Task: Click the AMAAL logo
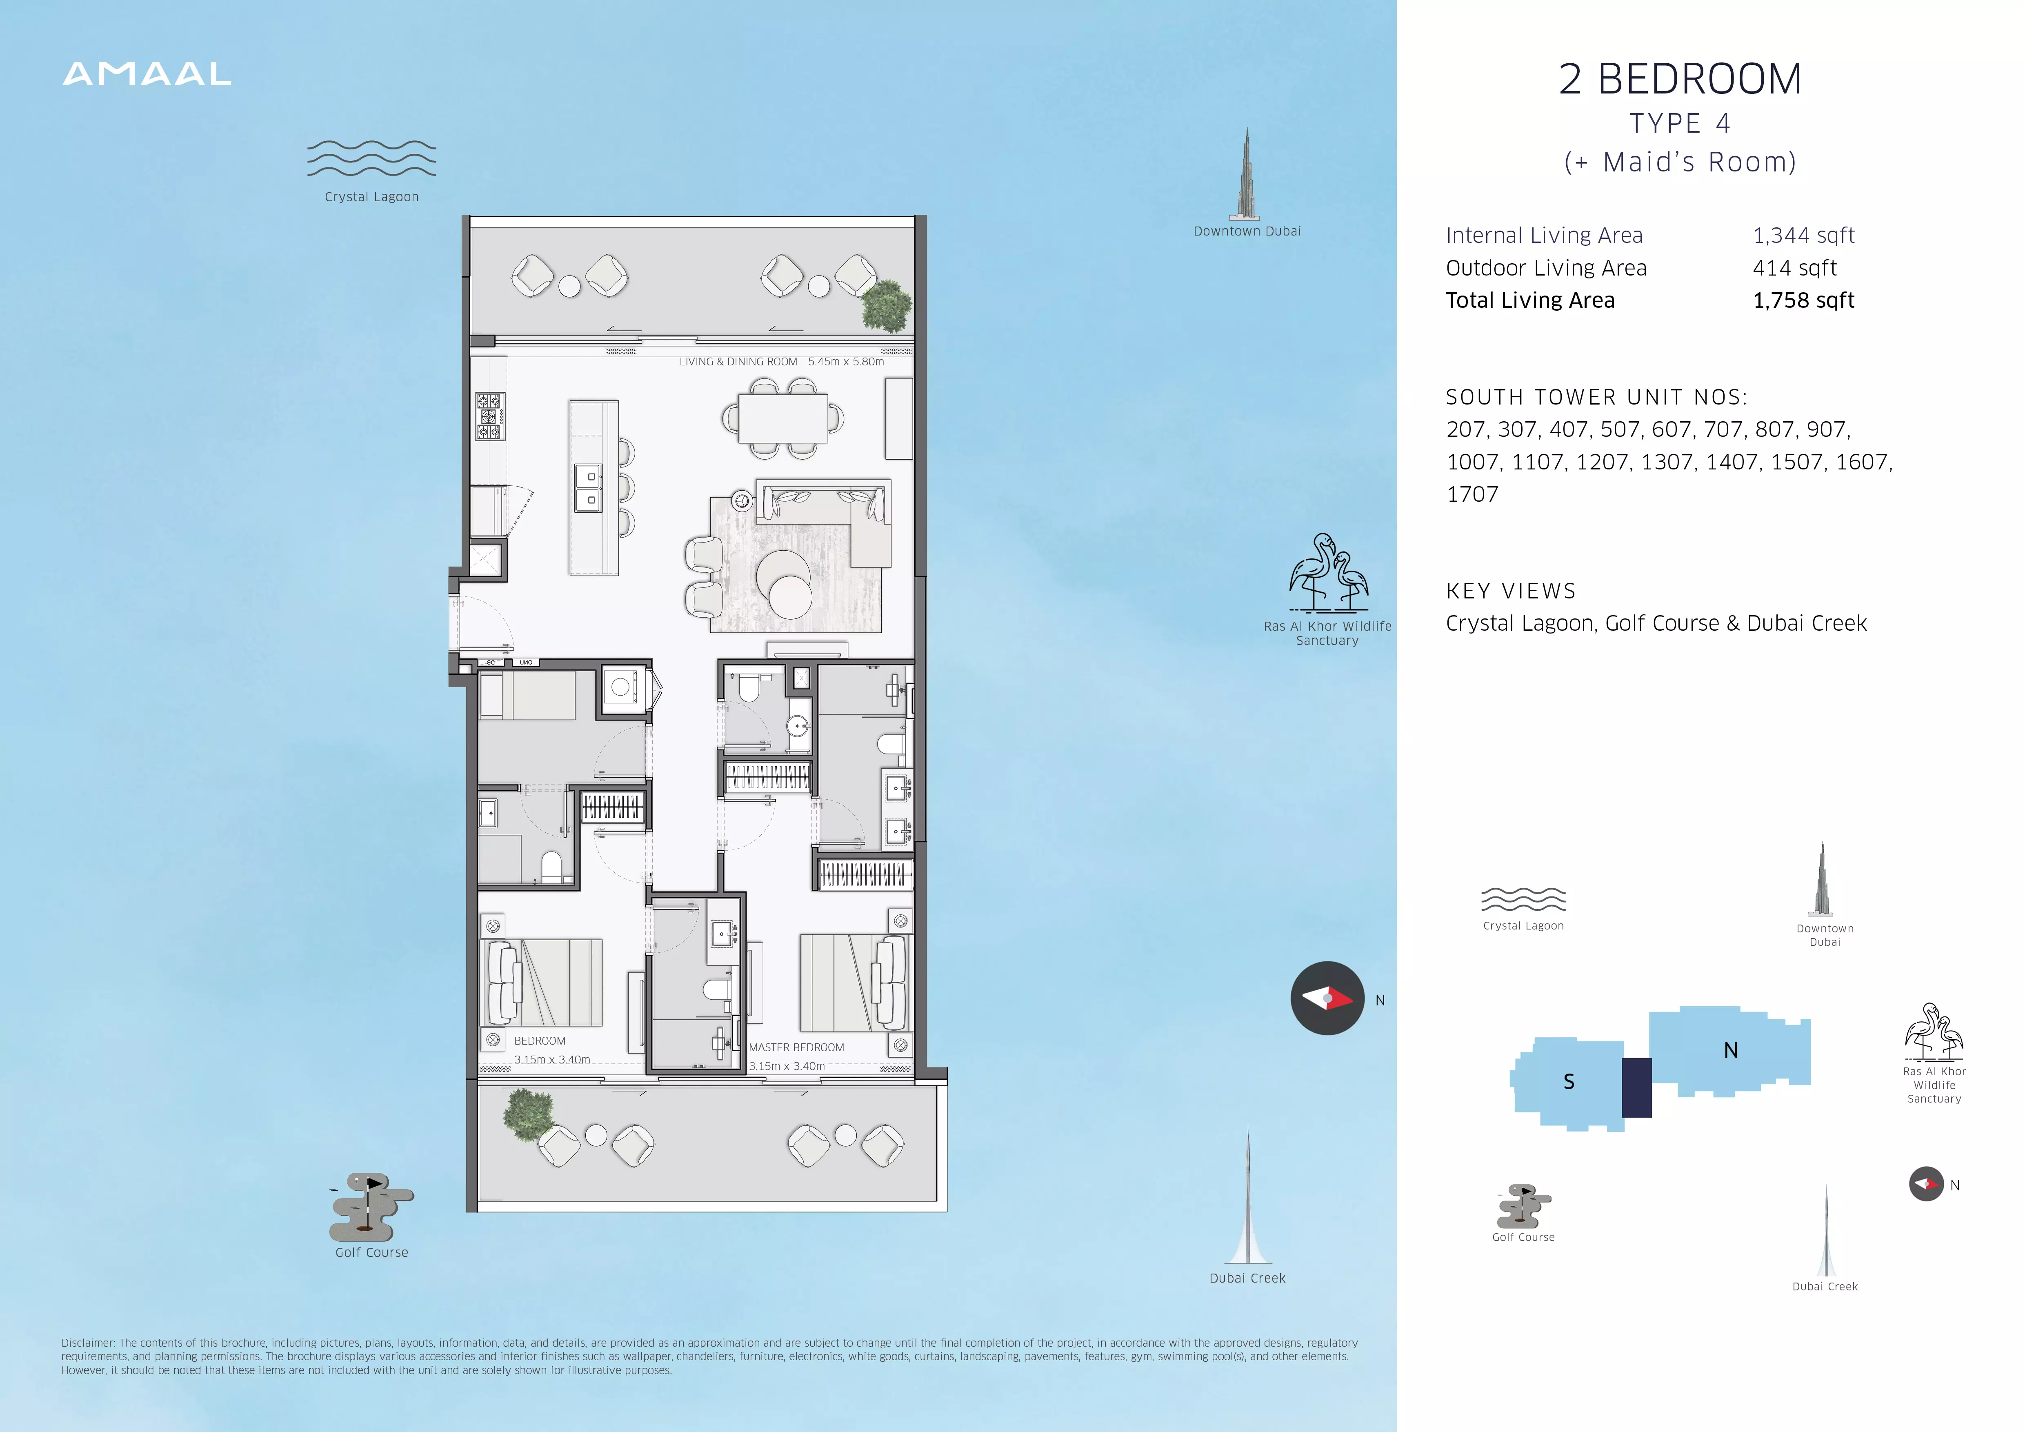147,74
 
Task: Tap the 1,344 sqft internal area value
1804,236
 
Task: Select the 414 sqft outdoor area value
1795,268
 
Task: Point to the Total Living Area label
1530,301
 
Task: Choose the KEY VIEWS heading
1511,591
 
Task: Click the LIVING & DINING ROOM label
738,362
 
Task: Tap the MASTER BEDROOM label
796,1047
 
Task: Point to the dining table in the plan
782,418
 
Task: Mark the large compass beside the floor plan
1327,998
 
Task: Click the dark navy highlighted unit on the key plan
1637,1087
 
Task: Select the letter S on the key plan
1569,1082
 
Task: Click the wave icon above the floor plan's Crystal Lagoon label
371,159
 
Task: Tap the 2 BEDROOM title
1680,79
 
